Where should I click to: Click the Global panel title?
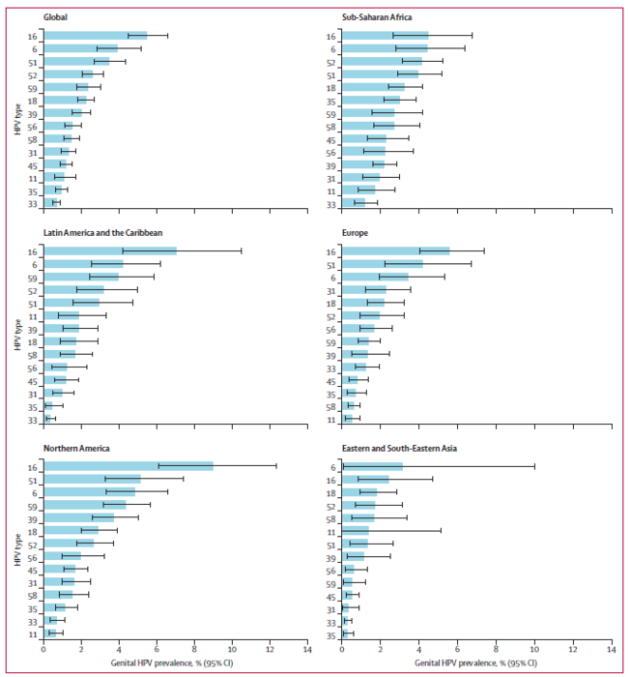coord(55,17)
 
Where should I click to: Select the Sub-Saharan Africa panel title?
coord(377,17)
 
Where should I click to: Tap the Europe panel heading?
coord(355,233)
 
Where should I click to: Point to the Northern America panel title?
coord(76,448)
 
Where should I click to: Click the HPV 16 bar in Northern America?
coord(129,466)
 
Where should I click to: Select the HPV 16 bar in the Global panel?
coord(96,36)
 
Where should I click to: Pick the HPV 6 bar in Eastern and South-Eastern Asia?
coord(372,466)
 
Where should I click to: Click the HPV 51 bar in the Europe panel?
coord(383,264)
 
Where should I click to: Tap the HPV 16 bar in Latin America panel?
coord(110,250)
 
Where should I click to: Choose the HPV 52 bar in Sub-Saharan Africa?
coord(382,61)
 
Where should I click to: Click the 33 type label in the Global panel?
coord(32,204)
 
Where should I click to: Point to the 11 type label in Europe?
coord(331,420)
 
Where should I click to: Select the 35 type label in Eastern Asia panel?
coord(331,636)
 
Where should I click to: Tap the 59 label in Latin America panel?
coord(32,279)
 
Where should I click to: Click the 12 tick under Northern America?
coord(270,649)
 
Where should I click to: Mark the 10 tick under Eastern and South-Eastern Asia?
coord(534,649)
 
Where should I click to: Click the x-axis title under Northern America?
coord(172,662)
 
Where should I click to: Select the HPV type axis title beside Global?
coord(17,119)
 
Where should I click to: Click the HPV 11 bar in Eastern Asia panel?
coord(356,531)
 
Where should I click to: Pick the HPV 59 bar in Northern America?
coord(85,505)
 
